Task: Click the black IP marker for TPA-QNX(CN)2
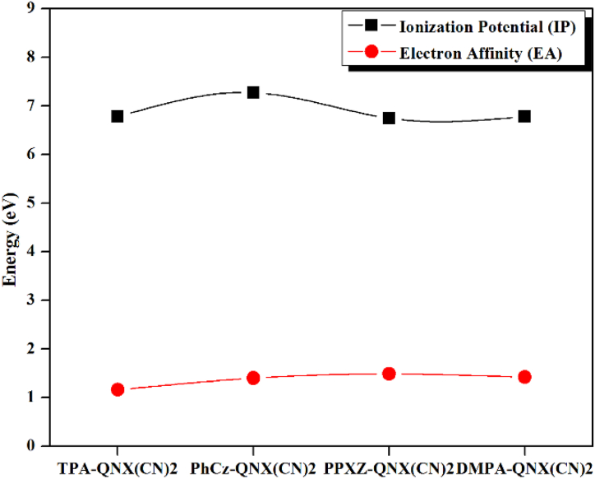(118, 116)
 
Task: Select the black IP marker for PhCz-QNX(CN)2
(253, 92)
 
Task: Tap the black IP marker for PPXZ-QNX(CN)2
(389, 118)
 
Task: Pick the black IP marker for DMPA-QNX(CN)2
(524, 116)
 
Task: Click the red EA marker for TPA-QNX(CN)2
(118, 389)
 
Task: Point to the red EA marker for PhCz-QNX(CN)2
(253, 378)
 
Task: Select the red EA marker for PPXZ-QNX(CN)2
(389, 374)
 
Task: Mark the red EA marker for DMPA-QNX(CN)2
(524, 377)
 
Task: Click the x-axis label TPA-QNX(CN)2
(118, 468)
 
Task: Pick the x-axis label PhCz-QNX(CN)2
(253, 468)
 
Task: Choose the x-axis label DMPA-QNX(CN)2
(525, 468)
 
